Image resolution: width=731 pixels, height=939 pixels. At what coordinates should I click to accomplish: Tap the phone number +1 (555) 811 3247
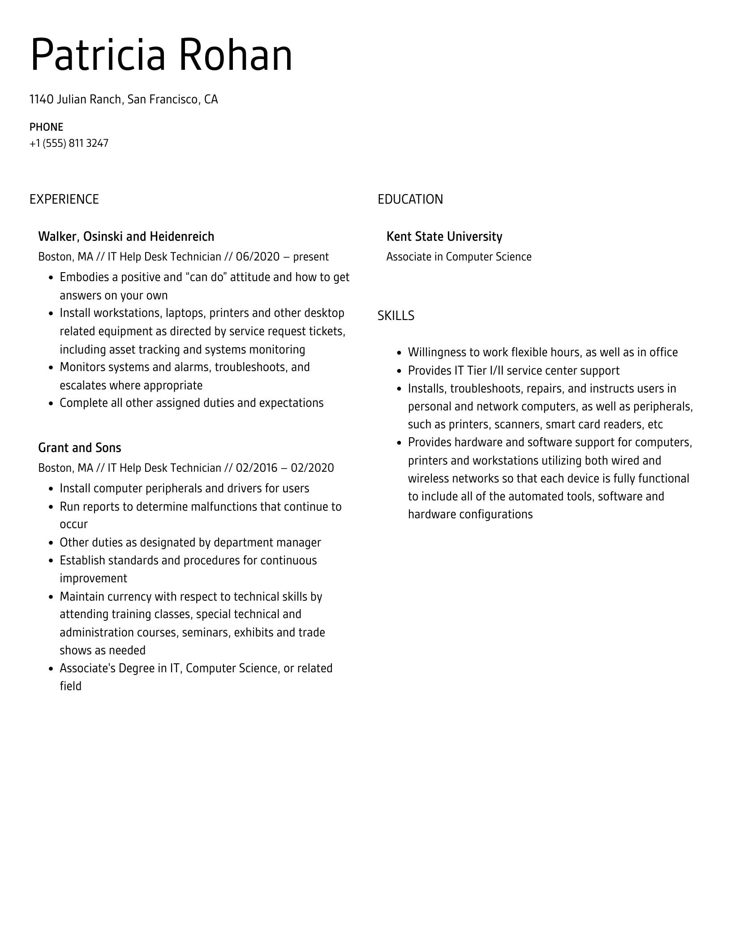69,144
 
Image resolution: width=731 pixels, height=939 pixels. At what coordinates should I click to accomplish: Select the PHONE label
46,127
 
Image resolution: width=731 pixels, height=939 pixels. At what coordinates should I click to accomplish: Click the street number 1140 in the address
42,99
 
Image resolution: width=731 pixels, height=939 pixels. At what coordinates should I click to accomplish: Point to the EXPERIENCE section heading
64,199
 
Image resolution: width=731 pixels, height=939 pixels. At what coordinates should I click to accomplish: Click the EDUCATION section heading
410,199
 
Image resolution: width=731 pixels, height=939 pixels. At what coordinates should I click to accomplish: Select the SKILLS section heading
396,316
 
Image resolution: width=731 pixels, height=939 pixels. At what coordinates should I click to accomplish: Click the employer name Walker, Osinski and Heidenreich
126,236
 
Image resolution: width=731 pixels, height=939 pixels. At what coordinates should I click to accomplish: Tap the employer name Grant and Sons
79,448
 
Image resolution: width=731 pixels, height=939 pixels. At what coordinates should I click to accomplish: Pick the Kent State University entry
444,236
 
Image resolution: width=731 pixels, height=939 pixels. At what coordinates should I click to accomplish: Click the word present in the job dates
311,257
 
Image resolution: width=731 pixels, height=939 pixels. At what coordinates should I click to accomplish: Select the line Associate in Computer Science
459,257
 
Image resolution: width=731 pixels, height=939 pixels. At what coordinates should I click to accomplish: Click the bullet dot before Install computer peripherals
51,489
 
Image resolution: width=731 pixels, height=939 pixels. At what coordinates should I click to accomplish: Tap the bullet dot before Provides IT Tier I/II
400,371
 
